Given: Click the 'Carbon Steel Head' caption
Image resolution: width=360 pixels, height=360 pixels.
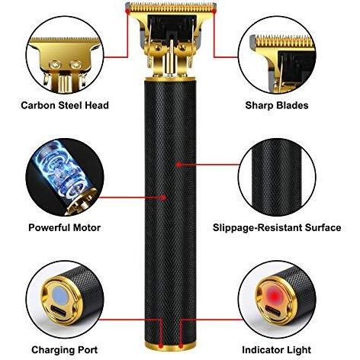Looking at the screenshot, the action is click(x=65, y=105).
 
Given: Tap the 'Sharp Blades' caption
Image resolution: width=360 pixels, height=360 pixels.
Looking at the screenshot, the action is click(x=277, y=105).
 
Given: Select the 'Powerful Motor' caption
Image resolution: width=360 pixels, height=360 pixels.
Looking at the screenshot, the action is click(x=65, y=227).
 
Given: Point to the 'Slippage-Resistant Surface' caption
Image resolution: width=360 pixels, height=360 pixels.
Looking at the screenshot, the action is click(x=277, y=227).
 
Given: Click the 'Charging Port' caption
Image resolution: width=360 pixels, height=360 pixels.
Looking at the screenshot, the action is click(x=65, y=350).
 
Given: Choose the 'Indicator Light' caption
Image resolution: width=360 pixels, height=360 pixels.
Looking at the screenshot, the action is click(x=277, y=350).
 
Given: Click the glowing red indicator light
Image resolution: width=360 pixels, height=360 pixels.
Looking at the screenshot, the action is click(x=274, y=295).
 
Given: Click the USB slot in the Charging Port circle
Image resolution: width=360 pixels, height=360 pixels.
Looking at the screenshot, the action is click(x=60, y=310).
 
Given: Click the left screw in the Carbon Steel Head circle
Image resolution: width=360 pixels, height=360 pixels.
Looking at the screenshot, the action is click(x=54, y=65).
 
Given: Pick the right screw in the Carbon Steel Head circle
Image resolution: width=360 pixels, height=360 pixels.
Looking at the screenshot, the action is click(x=76, y=65).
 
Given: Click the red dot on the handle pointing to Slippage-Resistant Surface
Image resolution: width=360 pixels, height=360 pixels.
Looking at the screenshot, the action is click(x=179, y=165).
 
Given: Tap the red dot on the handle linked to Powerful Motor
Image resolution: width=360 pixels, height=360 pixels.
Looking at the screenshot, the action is click(x=164, y=198).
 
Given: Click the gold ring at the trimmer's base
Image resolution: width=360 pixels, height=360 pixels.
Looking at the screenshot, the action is click(x=170, y=346).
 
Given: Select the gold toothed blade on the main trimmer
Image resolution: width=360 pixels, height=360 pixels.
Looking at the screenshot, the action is click(x=171, y=8).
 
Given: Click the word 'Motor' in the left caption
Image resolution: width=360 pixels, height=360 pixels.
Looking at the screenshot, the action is click(x=87, y=227).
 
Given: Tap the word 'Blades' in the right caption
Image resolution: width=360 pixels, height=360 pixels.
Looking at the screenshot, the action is click(x=292, y=105).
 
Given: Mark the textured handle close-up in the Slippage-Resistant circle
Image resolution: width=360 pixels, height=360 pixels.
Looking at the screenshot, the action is click(x=277, y=178).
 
